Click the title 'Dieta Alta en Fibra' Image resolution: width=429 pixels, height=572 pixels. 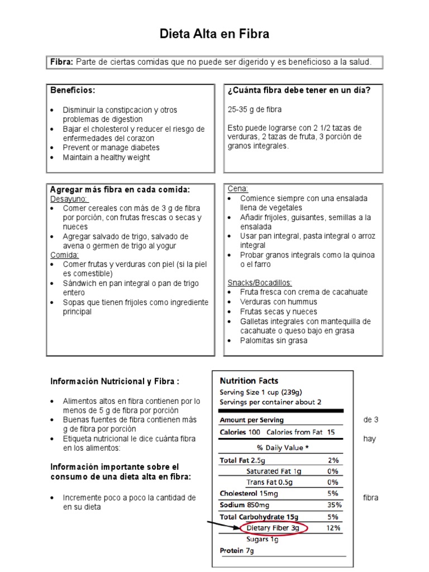[214, 34]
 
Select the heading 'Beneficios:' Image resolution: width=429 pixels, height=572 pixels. [73, 90]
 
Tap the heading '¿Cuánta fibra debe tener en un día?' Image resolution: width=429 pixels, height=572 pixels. [299, 90]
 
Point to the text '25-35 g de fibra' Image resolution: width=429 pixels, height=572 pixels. [255, 109]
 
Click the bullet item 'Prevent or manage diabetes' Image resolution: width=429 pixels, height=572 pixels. [111, 147]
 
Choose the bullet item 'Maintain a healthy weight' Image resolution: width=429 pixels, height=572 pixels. [106, 158]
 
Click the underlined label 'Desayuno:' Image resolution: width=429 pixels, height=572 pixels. [69, 198]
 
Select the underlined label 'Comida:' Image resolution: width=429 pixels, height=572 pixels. [65, 255]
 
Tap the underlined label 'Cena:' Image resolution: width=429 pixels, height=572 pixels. [238, 189]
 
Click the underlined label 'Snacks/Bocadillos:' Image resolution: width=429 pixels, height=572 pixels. [260, 282]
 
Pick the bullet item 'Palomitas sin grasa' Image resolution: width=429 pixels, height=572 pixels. [273, 340]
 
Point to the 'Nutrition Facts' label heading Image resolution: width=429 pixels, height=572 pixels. [249, 380]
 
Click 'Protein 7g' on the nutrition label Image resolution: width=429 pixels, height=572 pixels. [237, 551]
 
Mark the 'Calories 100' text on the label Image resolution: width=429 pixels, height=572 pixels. [240, 432]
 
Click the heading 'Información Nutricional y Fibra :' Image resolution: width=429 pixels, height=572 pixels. [115, 382]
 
